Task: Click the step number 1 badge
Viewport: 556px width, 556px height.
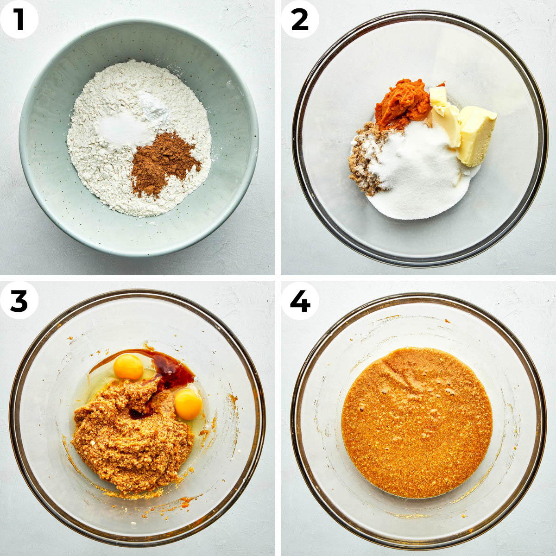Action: pos(19,19)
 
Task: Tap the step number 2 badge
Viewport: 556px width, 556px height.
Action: pos(300,19)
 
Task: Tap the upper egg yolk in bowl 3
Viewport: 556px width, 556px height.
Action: pos(128,366)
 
